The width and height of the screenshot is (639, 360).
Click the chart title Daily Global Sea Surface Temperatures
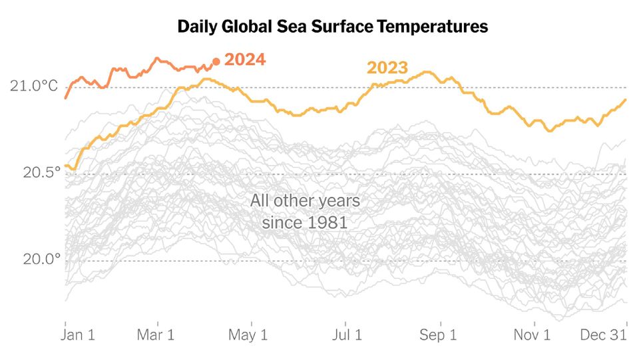click(x=332, y=27)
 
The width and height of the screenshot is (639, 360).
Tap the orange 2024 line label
click(x=245, y=60)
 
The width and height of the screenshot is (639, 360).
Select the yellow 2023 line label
click(x=387, y=68)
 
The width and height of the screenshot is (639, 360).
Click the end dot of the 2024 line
click(x=216, y=62)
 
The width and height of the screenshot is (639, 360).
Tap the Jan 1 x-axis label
click(x=79, y=335)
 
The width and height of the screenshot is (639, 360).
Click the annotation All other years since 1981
click(x=305, y=211)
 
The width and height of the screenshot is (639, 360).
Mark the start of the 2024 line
click(x=65, y=98)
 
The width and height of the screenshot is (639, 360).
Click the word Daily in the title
click(x=197, y=27)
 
